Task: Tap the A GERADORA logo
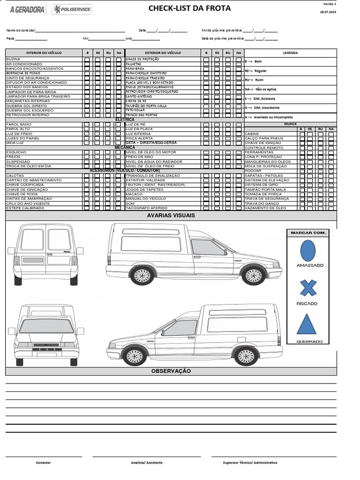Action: [x=27, y=9]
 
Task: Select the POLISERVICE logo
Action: [x=72, y=9]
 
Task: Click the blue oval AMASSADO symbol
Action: [x=307, y=250]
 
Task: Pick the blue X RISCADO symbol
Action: [x=308, y=288]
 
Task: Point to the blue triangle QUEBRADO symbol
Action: [x=307, y=324]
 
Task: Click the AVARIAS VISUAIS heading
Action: [x=171, y=216]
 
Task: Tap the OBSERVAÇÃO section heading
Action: [x=171, y=371]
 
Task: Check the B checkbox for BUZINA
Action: [x=87, y=60]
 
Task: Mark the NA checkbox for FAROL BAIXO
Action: [x=119, y=125]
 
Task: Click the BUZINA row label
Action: [x=13, y=60]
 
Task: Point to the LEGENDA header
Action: [x=290, y=53]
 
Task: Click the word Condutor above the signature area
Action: [x=44, y=463]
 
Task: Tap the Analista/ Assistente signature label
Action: [x=147, y=463]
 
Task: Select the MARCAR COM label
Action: [x=308, y=232]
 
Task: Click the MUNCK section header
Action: [x=291, y=124]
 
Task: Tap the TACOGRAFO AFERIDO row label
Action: [x=146, y=208]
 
